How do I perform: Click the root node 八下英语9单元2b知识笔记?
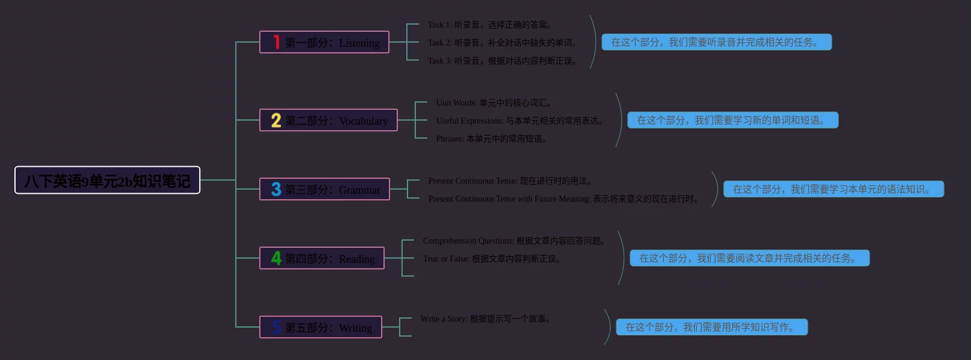(x=107, y=180)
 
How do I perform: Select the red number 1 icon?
(x=276, y=42)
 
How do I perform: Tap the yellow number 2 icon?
(x=276, y=120)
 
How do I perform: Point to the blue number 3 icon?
(x=276, y=189)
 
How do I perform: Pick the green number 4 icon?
(x=276, y=258)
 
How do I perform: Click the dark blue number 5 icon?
(x=276, y=327)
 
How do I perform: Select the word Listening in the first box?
(x=359, y=43)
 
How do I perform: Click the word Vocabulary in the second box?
(x=363, y=121)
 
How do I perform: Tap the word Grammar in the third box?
(x=359, y=190)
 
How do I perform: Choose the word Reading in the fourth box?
(x=356, y=259)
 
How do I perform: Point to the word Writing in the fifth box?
(x=355, y=328)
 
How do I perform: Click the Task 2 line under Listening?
(x=503, y=43)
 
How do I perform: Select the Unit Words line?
(x=494, y=103)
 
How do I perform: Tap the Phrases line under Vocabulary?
(x=492, y=139)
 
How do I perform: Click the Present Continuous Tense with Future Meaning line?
(x=564, y=199)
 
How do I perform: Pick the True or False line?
(x=492, y=259)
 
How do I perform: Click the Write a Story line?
(x=485, y=319)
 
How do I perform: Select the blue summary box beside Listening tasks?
(x=717, y=42)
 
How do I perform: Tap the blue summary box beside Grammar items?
(x=834, y=189)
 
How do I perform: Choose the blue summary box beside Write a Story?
(x=712, y=327)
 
